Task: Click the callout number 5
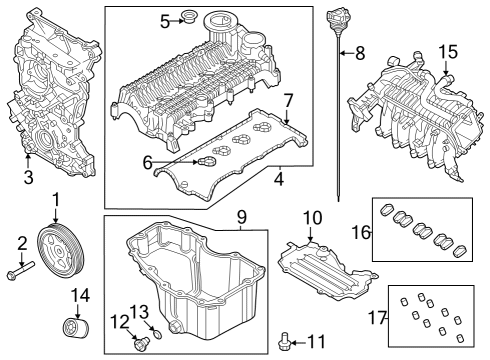(164, 20)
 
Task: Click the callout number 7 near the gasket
(287, 100)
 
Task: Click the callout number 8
(361, 53)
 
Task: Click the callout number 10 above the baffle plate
(311, 217)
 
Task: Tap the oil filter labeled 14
(71, 329)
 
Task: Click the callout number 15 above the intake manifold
(448, 50)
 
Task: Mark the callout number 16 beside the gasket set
(360, 232)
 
